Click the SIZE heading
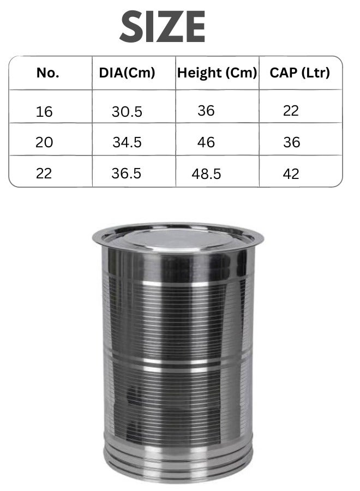163,27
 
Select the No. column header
47,73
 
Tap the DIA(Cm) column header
127,73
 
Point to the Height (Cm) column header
217,73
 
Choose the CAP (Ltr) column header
300,73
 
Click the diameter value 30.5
127,112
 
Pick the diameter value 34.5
127,142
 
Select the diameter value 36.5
127,173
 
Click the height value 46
206,142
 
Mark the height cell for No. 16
206,111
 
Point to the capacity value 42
291,173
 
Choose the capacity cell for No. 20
292,142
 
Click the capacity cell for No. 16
291,111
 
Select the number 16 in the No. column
44,112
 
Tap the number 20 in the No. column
44,142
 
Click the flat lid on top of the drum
178,236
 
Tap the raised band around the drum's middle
178,361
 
